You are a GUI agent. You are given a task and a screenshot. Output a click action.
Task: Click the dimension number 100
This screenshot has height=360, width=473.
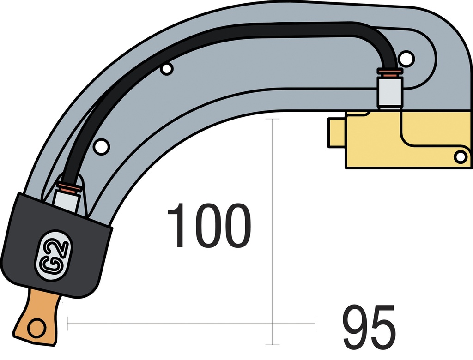pyautogui.click(x=209, y=226)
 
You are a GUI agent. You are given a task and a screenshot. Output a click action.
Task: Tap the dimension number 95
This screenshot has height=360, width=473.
pyautogui.click(x=369, y=328)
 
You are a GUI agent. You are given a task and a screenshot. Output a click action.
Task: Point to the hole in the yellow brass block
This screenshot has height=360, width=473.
pyautogui.click(x=460, y=157)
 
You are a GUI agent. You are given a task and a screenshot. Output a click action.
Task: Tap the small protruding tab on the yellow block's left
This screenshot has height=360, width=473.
pyautogui.click(x=337, y=133)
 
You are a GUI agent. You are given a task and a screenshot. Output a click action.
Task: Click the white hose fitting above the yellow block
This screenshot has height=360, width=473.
pyautogui.click(x=390, y=92)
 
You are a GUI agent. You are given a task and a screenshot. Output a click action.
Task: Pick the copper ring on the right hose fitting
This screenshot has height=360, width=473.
pyautogui.click(x=390, y=72)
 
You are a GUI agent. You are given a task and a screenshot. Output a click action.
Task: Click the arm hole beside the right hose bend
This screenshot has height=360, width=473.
pyautogui.click(x=406, y=58)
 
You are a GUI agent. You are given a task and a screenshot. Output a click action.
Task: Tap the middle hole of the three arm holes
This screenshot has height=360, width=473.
pyautogui.click(x=167, y=69)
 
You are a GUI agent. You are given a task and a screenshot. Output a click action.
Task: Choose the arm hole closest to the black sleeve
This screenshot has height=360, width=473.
pyautogui.click(x=101, y=146)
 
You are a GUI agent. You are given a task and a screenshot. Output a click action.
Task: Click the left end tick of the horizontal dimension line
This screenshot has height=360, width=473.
pyautogui.click(x=67, y=324)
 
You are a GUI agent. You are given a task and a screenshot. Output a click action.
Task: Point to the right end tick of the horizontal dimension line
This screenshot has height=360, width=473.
pyautogui.click(x=315, y=324)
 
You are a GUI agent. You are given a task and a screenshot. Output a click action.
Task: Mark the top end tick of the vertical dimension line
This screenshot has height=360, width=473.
pyautogui.click(x=273, y=119)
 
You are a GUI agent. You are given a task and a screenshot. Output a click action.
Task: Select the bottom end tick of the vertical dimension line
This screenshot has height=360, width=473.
pyautogui.click(x=273, y=345)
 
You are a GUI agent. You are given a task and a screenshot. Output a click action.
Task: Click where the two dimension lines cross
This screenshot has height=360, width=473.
pyautogui.click(x=273, y=324)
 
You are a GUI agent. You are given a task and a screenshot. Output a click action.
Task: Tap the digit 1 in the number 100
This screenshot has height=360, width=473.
pyautogui.click(x=176, y=226)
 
